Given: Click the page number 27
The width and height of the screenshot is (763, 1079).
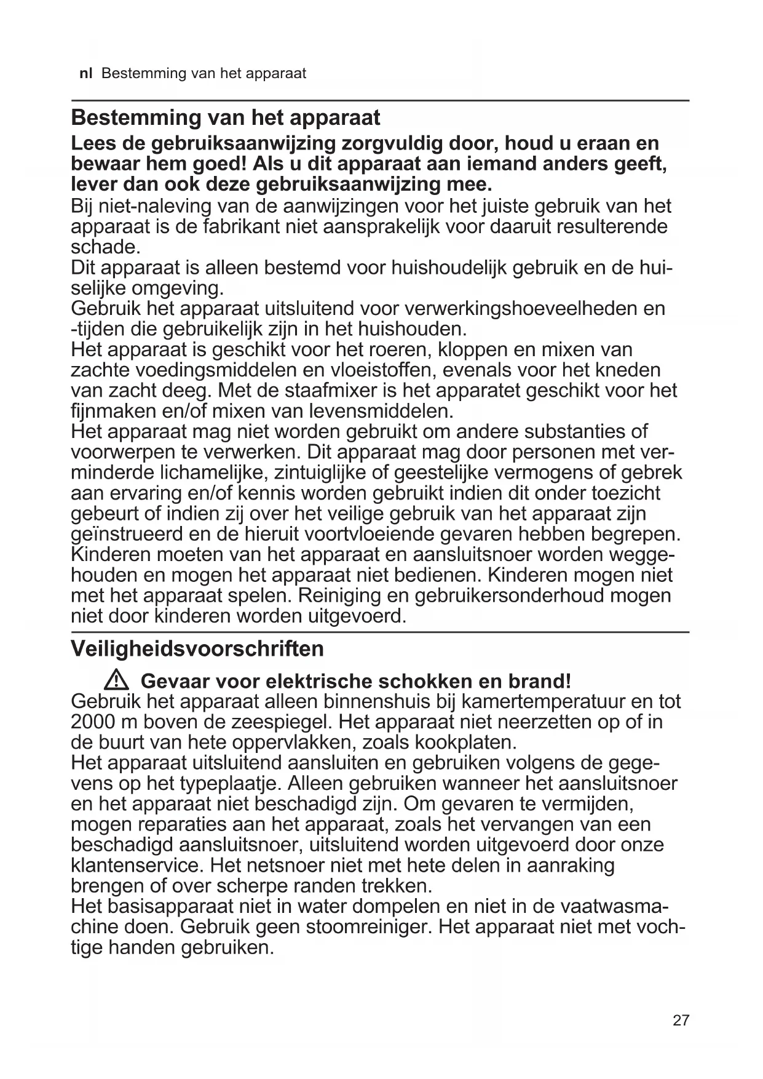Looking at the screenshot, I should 681,1021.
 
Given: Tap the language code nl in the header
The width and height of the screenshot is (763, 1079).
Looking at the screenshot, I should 86,74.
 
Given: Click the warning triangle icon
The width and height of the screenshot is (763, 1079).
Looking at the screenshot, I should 116,680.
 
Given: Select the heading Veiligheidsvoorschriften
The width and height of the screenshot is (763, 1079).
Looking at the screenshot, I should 197,648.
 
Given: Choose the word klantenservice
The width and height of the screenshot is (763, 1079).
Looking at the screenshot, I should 135,866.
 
